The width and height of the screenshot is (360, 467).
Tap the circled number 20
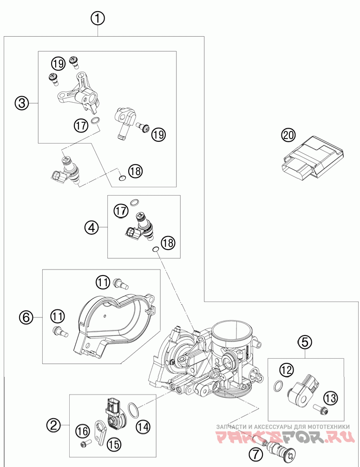288,135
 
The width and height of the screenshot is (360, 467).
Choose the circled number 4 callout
92,227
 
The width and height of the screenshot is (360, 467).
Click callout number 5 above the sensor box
304,342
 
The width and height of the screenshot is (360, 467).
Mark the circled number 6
26,317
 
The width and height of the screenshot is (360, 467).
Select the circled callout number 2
54,424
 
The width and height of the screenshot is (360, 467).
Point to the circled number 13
331,397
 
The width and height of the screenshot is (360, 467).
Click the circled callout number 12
287,370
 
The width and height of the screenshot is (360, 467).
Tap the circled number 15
113,444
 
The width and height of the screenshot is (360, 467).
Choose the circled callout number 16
83,431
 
